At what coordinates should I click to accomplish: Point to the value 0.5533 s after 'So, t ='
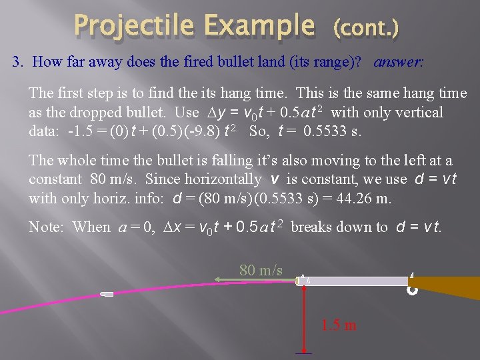click(331, 131)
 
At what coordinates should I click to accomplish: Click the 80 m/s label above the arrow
click(261, 270)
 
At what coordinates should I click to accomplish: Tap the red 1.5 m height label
click(338, 325)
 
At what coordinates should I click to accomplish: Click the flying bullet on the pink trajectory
click(107, 293)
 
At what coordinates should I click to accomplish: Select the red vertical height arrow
click(305, 317)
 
